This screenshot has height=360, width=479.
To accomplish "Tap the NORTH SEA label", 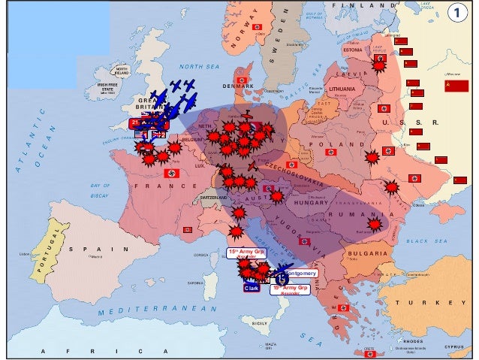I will click(197, 66).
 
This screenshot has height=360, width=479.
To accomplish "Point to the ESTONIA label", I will click(353, 50).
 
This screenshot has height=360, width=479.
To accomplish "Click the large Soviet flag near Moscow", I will click(456, 86).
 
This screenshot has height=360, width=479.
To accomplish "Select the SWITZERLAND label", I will click(213, 197).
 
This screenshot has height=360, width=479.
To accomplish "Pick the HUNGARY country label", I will click(306, 202).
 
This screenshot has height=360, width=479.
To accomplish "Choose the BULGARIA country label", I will click(367, 254).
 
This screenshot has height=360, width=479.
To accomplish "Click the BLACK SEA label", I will click(426, 241).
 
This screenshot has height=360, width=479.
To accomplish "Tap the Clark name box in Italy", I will click(251, 288).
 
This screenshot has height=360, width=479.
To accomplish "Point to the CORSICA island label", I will click(200, 255).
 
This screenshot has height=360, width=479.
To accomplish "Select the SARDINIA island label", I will click(195, 283).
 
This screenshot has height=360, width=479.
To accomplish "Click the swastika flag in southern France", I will click(188, 228).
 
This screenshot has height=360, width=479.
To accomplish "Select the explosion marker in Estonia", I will click(380, 65).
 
